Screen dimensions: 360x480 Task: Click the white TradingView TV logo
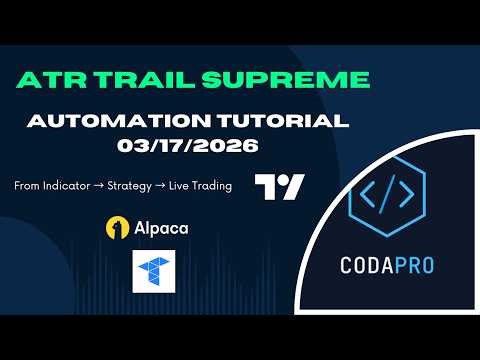[x=279, y=188]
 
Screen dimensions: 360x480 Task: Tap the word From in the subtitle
[x=25, y=186]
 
